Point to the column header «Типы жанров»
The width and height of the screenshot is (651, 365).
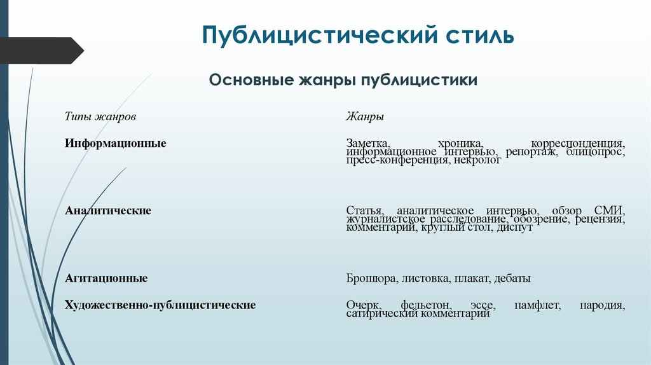point(100,117)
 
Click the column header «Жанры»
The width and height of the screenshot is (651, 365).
point(365,117)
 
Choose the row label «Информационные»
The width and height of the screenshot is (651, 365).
point(115,143)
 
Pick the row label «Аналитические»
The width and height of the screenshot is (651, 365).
point(108,210)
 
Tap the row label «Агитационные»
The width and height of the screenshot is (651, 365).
point(106,278)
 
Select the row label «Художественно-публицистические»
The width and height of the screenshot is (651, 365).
point(160,305)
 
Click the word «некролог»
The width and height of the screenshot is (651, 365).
point(477,161)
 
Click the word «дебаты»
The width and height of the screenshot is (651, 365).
point(512,279)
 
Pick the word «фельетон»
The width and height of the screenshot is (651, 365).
point(425,305)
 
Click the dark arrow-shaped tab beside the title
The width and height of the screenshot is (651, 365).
point(42,50)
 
